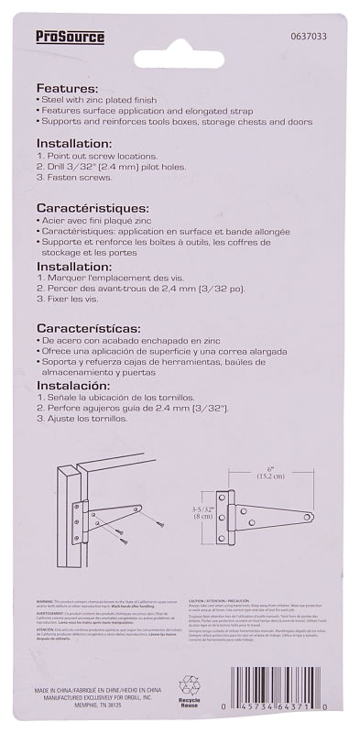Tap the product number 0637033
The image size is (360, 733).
coord(301,37)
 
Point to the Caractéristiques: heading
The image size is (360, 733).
coord(97,206)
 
